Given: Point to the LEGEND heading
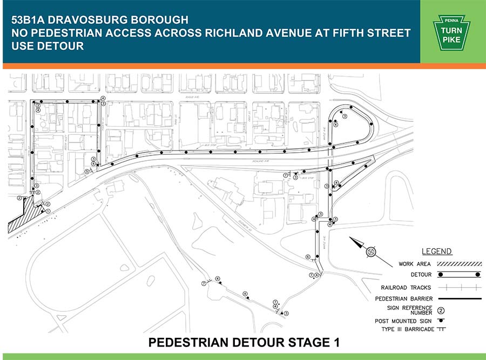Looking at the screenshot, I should coord(437,252).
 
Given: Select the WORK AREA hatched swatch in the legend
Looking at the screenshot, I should coord(460,264).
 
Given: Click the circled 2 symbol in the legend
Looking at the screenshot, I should coord(441,310).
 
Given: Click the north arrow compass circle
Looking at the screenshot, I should coord(371,252).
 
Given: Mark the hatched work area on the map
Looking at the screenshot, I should coord(24,219).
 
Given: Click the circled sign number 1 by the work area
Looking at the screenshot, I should coord(48,212).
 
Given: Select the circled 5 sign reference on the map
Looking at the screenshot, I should coord(87,172).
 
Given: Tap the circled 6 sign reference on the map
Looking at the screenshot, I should coord(308,257).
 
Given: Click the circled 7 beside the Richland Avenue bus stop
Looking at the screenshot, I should coord(285,175).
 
